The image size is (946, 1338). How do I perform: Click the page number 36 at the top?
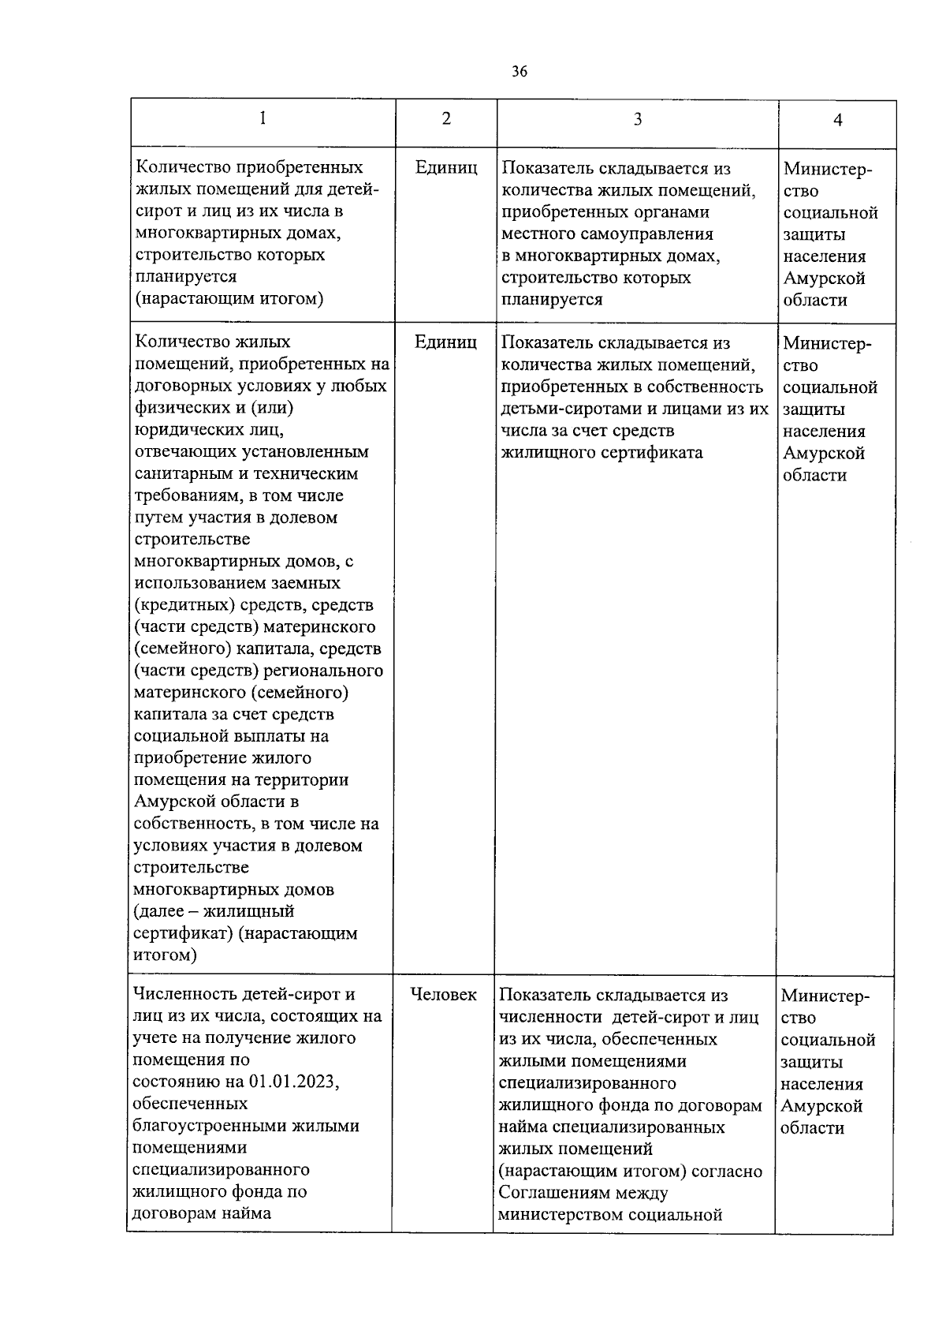coord(519,72)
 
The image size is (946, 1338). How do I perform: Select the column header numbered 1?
coord(263,118)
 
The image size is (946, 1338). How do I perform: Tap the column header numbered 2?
coord(446,118)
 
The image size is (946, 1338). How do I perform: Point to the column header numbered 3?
coord(638,119)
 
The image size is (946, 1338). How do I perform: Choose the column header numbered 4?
coord(838,120)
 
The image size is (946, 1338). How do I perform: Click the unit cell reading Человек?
coord(444,995)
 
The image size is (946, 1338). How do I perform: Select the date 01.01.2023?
coord(293,1082)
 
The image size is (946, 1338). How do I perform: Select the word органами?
coord(672,212)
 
